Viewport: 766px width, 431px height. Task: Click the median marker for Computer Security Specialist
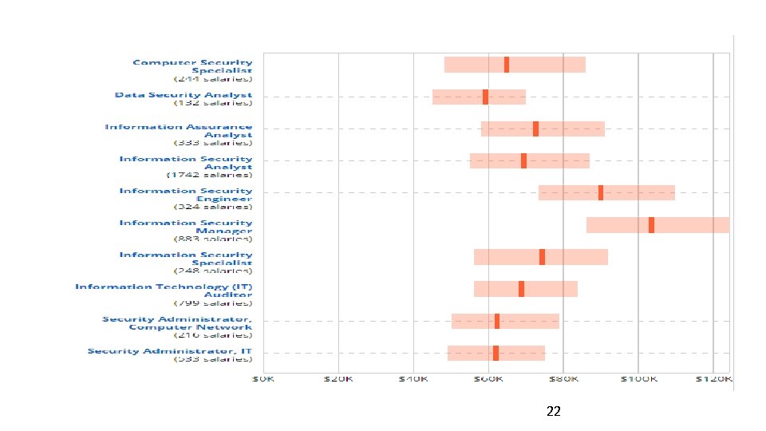point(507,65)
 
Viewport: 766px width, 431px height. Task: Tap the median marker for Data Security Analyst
point(485,97)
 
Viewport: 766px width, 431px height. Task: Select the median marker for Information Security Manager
point(651,225)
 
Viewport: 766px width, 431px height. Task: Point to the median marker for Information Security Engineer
point(601,192)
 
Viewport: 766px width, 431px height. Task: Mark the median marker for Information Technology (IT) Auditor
point(521,289)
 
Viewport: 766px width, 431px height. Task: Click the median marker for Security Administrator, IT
point(496,353)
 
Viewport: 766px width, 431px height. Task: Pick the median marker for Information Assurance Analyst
point(535,129)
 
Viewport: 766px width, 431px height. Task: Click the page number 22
point(554,412)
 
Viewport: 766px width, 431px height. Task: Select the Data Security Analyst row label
point(184,95)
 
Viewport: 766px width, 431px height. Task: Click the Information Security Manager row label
point(186,227)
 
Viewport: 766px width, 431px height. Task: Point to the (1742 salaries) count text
point(209,175)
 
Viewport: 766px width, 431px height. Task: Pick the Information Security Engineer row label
point(186,195)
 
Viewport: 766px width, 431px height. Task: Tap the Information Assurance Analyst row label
point(179,131)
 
